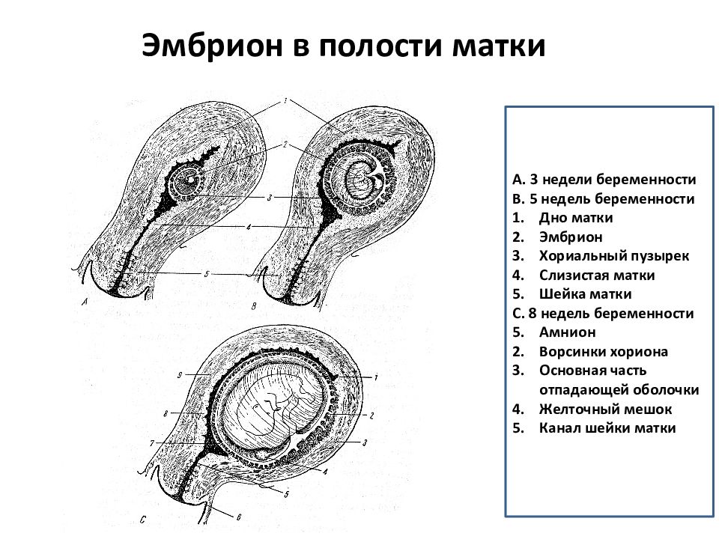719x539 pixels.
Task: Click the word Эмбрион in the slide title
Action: [212, 46]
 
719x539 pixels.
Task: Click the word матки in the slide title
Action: [499, 46]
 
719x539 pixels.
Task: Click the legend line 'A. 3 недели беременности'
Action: [604, 179]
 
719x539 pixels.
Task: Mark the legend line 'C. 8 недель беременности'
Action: [603, 314]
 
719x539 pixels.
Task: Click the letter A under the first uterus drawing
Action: [85, 302]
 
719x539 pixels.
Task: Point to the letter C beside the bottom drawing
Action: [142, 520]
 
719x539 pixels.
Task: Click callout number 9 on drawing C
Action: [180, 375]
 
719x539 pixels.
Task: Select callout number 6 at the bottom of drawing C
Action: [238, 517]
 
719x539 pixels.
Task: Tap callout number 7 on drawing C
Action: [152, 443]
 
